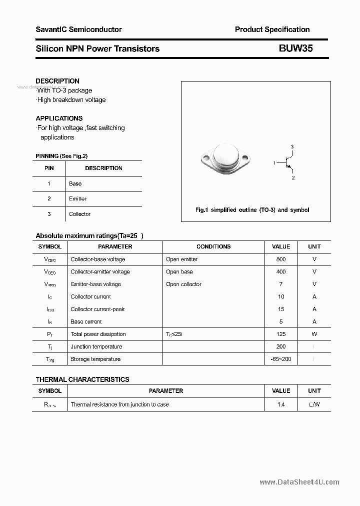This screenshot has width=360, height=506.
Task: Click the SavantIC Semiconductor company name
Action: click(78, 29)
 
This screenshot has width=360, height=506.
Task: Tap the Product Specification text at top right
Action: click(272, 29)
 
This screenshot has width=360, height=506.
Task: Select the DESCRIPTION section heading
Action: click(57, 81)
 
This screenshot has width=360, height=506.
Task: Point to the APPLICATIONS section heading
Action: click(59, 118)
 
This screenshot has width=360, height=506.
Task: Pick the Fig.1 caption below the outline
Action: click(252, 210)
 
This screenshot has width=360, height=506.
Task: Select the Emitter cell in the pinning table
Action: click(78, 199)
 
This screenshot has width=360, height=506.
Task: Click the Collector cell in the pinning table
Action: click(80, 214)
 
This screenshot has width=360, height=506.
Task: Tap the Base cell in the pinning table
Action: click(75, 183)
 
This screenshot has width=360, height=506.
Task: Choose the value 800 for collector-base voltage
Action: click(280, 259)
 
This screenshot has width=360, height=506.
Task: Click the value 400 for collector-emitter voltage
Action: click(280, 272)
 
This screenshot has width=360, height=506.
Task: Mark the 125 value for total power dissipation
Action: click(280, 334)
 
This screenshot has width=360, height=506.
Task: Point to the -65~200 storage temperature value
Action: click(280, 359)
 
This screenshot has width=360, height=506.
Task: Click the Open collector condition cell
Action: click(183, 284)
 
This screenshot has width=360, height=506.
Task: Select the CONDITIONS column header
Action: click(213, 246)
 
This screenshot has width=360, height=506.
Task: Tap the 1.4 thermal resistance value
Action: click(280, 404)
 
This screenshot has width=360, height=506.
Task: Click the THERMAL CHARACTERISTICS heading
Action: click(82, 379)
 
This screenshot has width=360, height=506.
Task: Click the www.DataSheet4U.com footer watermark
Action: click(299, 482)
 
